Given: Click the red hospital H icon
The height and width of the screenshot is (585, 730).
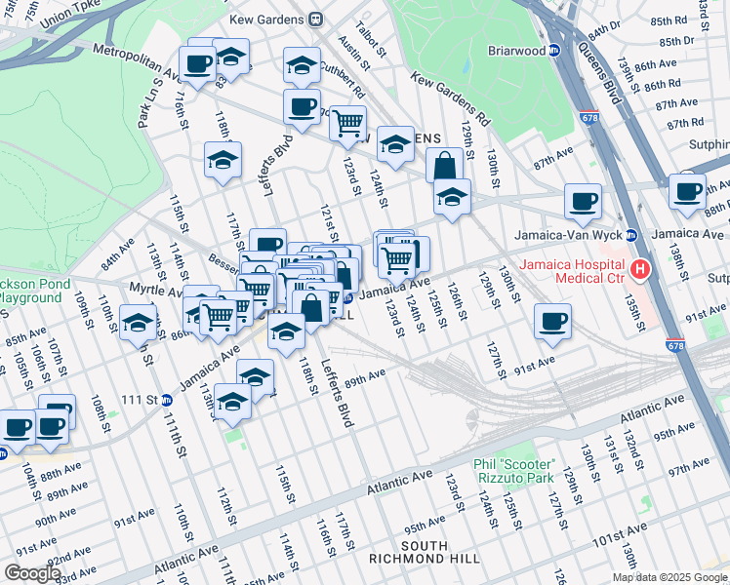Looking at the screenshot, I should [x=640, y=269].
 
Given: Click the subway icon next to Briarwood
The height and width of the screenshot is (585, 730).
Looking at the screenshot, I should [x=553, y=50].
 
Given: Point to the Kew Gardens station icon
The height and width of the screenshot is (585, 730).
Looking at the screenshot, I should [x=315, y=19].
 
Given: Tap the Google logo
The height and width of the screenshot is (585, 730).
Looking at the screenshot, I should [x=32, y=573].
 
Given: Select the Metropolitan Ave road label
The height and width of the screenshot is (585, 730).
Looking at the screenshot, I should [x=137, y=61].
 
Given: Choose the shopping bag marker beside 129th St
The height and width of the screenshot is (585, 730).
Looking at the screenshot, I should [x=445, y=166].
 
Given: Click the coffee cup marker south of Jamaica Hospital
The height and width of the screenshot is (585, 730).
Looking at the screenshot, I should [x=553, y=322].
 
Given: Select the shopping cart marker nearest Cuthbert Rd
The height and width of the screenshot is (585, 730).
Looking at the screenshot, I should [x=347, y=124].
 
